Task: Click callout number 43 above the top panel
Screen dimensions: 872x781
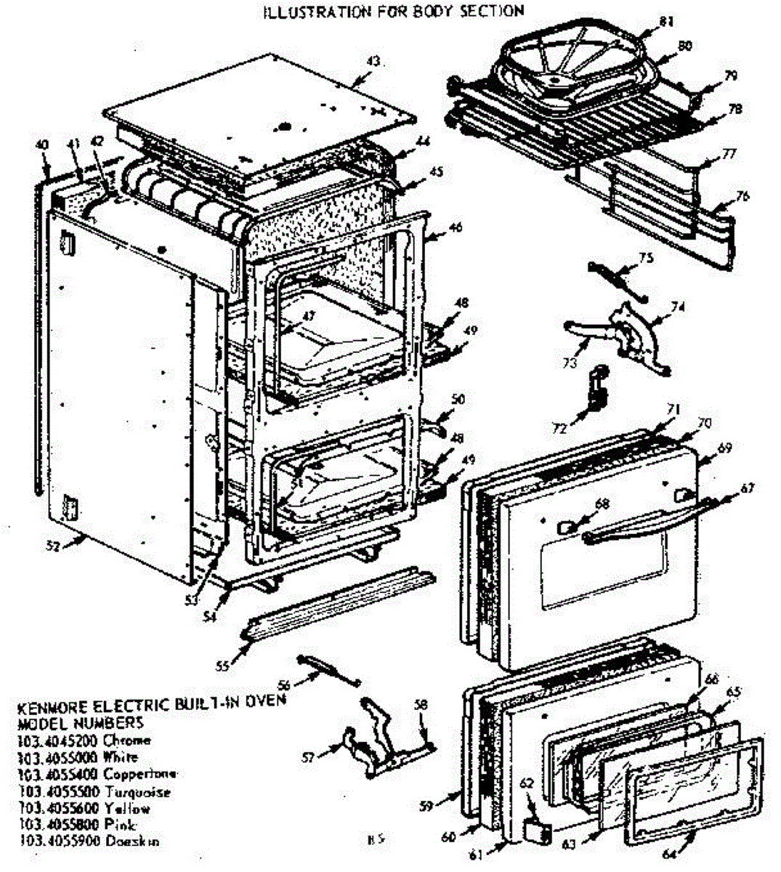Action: pos(373,62)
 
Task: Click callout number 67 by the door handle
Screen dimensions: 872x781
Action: pos(747,489)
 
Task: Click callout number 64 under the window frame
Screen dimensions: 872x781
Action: pos(669,855)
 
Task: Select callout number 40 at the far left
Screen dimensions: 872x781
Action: pos(42,145)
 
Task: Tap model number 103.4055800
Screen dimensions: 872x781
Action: pos(59,825)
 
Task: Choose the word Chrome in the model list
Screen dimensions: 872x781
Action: pos(127,740)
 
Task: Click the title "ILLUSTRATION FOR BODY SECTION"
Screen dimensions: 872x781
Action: pos(393,11)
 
